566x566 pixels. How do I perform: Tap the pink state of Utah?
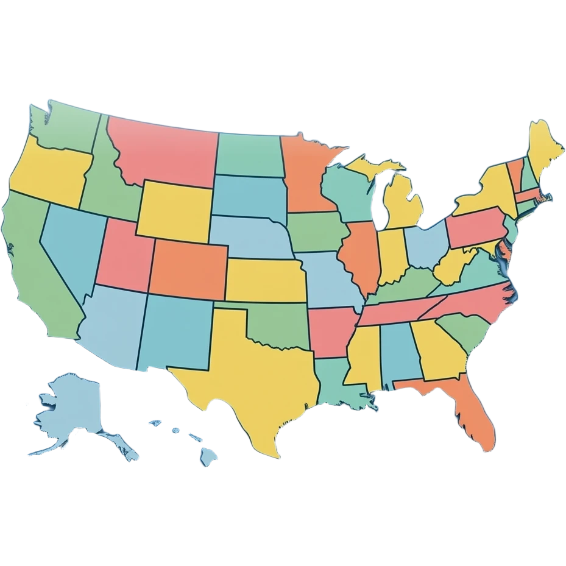[125, 253]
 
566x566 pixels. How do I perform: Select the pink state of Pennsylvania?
[475, 225]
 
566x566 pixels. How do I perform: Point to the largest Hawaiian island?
[209, 454]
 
